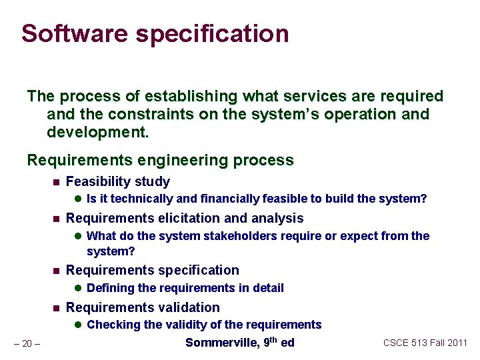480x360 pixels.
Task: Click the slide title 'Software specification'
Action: click(155, 33)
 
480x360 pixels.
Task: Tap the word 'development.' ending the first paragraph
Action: click(97, 132)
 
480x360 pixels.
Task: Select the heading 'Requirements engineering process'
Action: click(160, 160)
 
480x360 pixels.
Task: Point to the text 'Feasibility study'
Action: click(118, 181)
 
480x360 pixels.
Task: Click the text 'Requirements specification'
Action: click(153, 270)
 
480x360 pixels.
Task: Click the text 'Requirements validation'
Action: click(143, 307)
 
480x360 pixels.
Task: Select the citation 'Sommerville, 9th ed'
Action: click(239, 343)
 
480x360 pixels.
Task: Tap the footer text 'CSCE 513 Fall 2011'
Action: click(425, 343)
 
